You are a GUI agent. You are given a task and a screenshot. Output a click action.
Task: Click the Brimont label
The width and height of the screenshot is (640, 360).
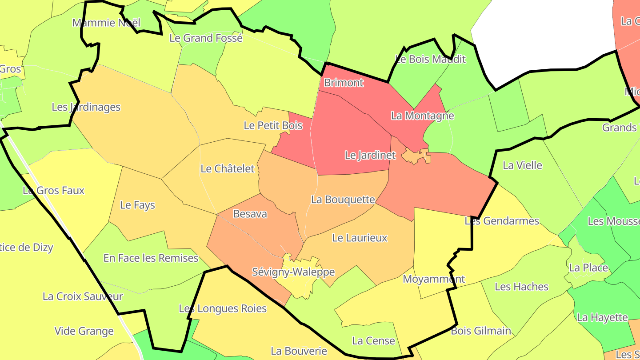pyautogui.click(x=344, y=83)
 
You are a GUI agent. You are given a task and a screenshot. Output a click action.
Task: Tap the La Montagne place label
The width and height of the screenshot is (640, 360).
pyautogui.click(x=422, y=116)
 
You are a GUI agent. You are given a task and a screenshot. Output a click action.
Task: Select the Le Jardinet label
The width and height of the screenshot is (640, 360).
pyautogui.click(x=370, y=155)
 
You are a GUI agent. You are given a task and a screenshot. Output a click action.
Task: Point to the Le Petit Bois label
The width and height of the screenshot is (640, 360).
pyautogui.click(x=273, y=126)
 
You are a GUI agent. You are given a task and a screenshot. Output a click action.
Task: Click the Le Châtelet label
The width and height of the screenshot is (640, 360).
pyautogui.click(x=228, y=169)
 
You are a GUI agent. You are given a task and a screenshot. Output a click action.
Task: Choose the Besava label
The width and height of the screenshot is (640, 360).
pyautogui.click(x=250, y=214)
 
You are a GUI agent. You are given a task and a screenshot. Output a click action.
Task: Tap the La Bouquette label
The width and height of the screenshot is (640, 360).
pyautogui.click(x=343, y=200)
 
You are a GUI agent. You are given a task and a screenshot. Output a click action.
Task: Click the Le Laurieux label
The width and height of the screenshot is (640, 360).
pyautogui.click(x=360, y=238)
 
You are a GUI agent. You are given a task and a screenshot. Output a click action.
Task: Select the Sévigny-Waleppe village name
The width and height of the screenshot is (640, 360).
pyautogui.click(x=293, y=272)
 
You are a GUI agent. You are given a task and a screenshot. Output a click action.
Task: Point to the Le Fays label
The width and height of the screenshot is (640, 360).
pyautogui.click(x=137, y=205)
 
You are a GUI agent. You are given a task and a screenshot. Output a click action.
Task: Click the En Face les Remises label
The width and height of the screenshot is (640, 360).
pyautogui.click(x=151, y=258)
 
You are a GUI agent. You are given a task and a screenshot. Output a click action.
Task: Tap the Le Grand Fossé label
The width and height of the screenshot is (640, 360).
pyautogui.click(x=206, y=38)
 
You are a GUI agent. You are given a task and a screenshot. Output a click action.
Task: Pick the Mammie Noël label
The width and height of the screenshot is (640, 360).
pyautogui.click(x=106, y=23)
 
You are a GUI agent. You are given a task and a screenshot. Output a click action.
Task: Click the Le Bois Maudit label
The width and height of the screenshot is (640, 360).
pyautogui.click(x=430, y=59)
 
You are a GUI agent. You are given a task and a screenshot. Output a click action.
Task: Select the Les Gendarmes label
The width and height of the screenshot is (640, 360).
pyautogui.click(x=501, y=221)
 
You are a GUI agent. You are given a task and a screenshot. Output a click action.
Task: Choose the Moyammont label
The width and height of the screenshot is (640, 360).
pyautogui.click(x=433, y=279)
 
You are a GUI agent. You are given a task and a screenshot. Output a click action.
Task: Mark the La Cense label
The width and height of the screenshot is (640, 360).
pyautogui.click(x=373, y=341)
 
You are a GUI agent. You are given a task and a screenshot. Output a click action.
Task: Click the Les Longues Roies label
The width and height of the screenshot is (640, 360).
pyautogui.click(x=223, y=308)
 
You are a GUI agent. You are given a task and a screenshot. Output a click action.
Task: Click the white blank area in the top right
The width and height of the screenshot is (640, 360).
pyautogui.click(x=542, y=36)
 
